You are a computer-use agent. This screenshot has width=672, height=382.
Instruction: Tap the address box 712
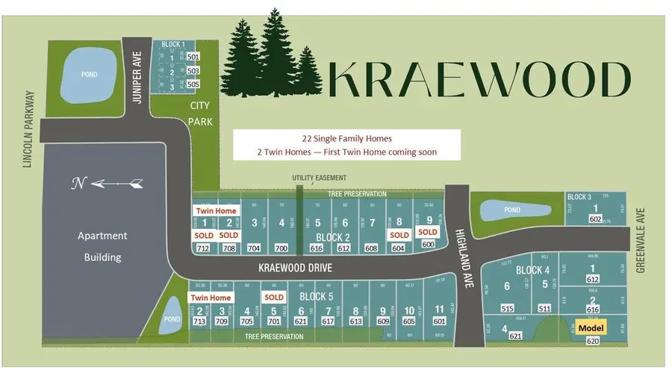(202, 247)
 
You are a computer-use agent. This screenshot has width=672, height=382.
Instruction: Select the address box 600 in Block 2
(429, 244)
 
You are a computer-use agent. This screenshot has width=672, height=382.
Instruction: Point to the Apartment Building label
(102, 246)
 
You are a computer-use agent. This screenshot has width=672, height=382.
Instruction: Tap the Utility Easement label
(320, 178)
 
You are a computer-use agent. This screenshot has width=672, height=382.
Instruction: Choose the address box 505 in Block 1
(193, 84)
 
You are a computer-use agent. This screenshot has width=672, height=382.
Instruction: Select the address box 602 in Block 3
(595, 219)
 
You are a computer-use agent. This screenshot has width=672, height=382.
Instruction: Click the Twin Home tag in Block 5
(210, 298)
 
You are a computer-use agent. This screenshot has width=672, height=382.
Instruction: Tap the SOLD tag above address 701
(274, 297)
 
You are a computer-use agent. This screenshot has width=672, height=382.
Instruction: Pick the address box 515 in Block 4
(507, 308)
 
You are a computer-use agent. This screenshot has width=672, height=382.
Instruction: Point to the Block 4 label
(532, 270)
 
